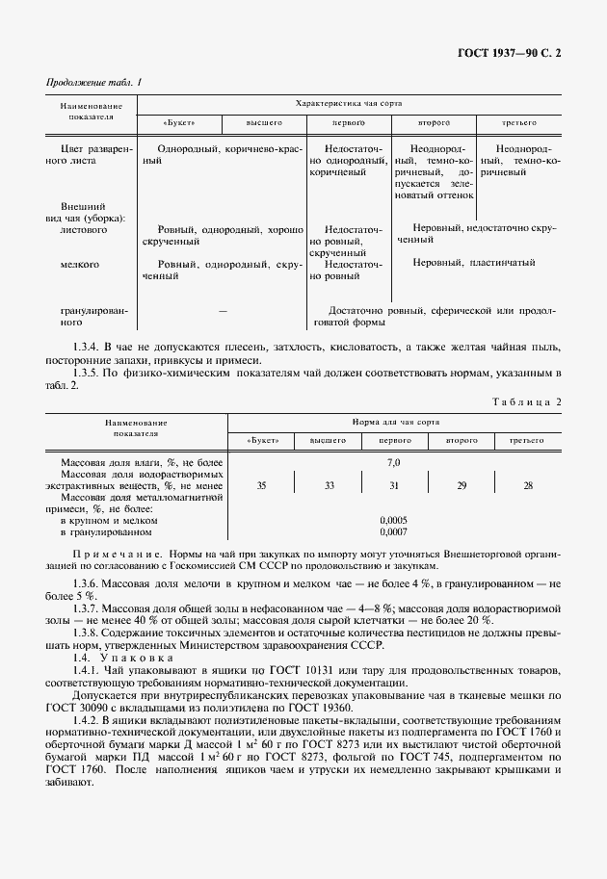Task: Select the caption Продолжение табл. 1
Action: click(x=93, y=83)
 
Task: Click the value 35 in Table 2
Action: click(x=261, y=486)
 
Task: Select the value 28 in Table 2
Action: click(x=527, y=486)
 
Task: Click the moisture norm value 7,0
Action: click(x=394, y=463)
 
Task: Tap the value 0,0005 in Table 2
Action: click(x=393, y=520)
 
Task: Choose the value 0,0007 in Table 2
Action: click(x=393, y=531)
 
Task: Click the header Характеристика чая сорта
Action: click(x=348, y=102)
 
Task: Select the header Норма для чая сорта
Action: click(x=394, y=422)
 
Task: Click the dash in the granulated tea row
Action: click(x=223, y=312)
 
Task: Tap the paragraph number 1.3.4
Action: click(x=87, y=346)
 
